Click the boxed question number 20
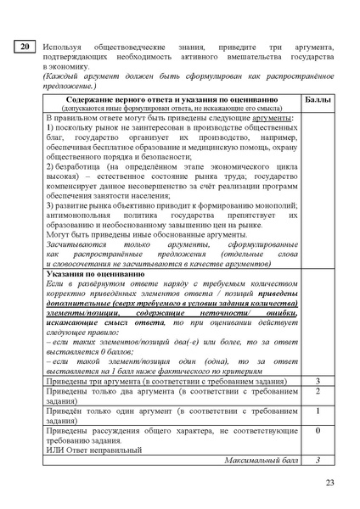pyautogui.click(x=25, y=47)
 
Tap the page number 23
pyautogui.click(x=330, y=484)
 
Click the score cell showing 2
pyautogui.click(x=318, y=391)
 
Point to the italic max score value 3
pyautogui.click(x=318, y=459)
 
